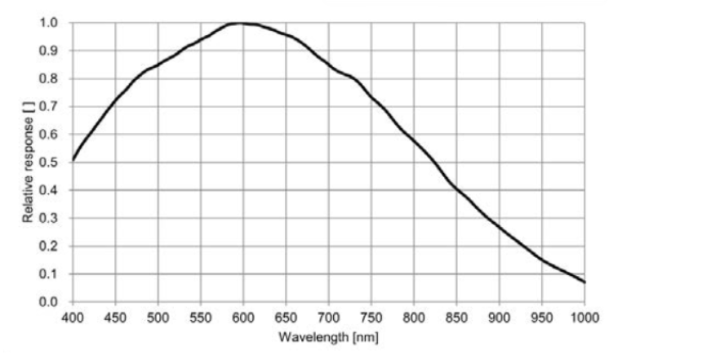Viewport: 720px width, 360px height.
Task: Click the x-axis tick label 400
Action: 72,317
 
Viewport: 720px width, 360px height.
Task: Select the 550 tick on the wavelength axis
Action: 200,317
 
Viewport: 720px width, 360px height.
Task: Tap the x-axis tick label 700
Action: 328,317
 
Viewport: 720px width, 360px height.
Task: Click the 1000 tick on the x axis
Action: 584,317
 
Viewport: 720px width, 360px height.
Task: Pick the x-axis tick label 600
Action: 242,317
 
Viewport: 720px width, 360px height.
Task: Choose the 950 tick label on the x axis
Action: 541,317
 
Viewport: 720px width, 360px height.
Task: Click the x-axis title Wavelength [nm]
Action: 328,336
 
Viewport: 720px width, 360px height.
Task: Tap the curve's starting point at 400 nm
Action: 73,160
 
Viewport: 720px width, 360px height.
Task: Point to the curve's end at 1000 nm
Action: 584,282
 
